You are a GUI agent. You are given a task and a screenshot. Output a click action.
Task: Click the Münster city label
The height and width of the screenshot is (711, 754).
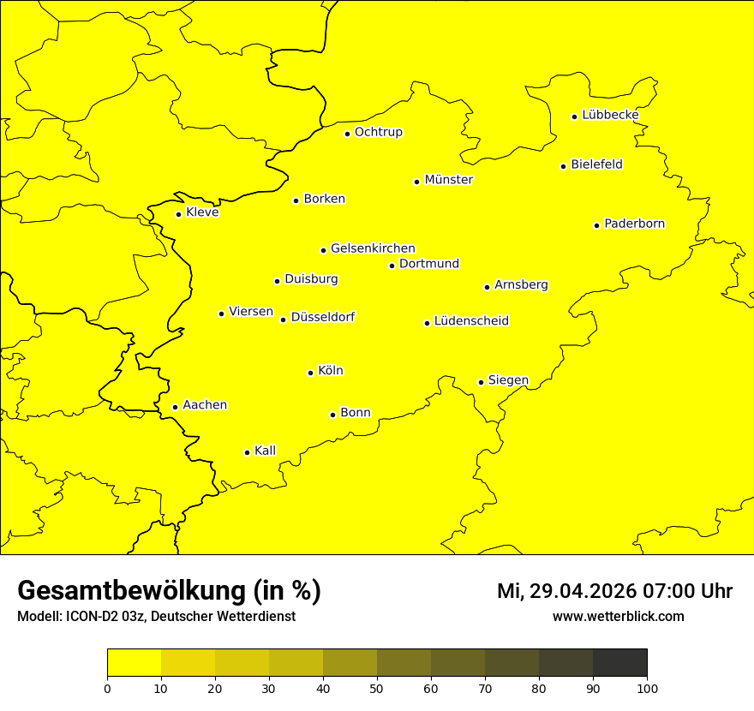point(448,180)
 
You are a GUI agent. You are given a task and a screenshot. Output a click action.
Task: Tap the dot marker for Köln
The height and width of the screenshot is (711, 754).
point(310,373)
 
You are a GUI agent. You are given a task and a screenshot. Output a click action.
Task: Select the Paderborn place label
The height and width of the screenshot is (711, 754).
point(634,224)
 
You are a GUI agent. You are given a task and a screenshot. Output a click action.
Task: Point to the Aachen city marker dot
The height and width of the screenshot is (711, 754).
point(175,407)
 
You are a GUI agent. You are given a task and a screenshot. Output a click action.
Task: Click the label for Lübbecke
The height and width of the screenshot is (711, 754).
point(610,115)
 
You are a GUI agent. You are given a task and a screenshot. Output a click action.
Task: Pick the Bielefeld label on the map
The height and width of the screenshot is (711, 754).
point(596,164)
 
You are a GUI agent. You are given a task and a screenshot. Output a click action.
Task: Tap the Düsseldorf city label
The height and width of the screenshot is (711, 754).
point(322,317)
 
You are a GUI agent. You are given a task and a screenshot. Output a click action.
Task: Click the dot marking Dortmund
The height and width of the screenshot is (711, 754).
point(392,266)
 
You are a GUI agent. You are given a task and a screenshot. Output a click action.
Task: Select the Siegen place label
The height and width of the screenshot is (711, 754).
point(508,380)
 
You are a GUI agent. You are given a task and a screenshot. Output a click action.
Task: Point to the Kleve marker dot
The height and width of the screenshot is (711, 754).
point(178,214)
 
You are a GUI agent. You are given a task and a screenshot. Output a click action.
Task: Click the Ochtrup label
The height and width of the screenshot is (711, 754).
point(378,132)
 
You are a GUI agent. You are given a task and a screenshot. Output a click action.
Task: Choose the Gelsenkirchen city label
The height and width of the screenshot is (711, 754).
point(373,248)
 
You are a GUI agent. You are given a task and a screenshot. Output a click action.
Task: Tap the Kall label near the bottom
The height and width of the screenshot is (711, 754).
point(265,451)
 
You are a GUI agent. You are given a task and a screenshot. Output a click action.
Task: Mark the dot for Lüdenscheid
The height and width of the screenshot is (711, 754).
point(427,323)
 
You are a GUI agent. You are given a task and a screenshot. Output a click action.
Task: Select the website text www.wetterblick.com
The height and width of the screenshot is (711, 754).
point(618,616)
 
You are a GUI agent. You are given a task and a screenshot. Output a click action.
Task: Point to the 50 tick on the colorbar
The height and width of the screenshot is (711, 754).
point(377,688)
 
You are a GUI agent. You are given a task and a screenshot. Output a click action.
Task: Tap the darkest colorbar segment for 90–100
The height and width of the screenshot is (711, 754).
point(619,663)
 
